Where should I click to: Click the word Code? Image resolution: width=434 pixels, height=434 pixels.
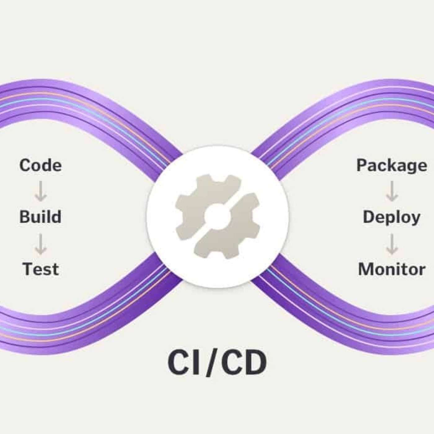coord(41,165)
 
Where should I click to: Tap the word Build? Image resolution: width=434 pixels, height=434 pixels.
coord(41,217)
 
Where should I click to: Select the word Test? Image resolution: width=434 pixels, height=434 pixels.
coord(41,269)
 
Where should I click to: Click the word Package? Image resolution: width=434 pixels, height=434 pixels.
coord(392,166)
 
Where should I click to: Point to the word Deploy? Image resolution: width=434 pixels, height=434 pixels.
coord(392,217)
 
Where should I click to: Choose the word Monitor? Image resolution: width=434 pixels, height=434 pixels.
coord(392,269)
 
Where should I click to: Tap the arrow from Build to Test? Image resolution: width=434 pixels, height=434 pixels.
coord(41,244)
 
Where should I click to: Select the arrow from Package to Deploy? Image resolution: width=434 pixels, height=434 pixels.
coord(392,192)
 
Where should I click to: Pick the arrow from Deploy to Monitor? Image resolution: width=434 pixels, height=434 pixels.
coord(392,244)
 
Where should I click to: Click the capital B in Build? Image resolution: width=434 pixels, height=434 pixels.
coord(25,217)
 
